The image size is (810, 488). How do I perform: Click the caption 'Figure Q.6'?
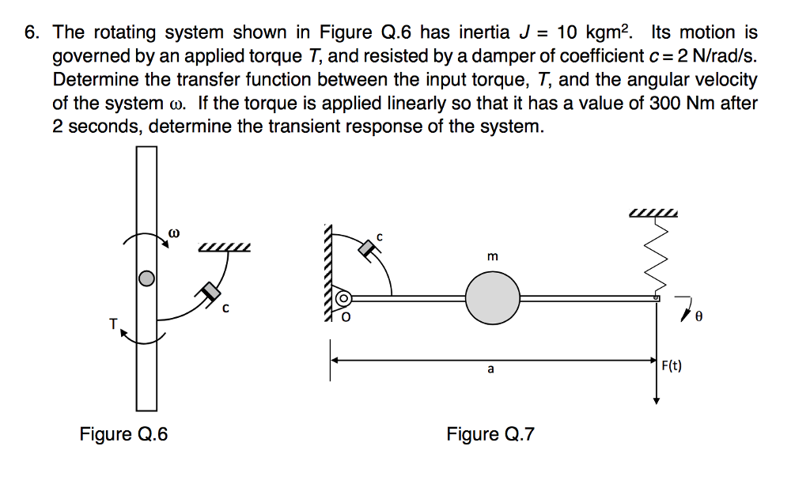[123, 434]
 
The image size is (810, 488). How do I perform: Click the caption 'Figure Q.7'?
[490, 434]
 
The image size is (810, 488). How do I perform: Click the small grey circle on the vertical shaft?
[146, 278]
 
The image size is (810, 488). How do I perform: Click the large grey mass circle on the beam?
[492, 298]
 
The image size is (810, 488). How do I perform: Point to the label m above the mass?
[493, 256]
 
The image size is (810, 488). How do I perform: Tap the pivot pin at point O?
[343, 299]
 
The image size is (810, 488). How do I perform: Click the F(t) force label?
[672, 365]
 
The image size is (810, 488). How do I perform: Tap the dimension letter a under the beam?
[490, 369]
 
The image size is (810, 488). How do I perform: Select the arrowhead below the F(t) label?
[656, 399]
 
